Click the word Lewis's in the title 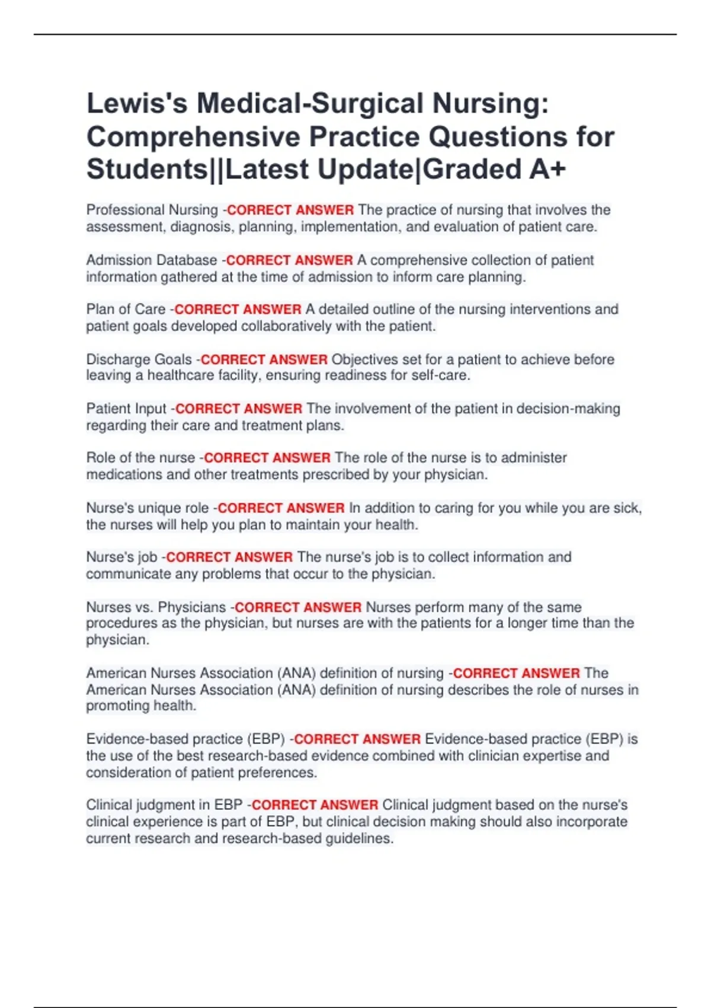[x=137, y=103]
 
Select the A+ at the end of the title [x=547, y=170]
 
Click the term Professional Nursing [x=152, y=210]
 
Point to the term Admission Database [x=151, y=260]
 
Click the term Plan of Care [x=126, y=310]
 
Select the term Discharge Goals [x=139, y=359]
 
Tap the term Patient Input [x=126, y=409]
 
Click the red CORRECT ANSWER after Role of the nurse [x=267, y=458]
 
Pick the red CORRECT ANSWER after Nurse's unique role [x=281, y=508]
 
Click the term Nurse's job [x=121, y=557]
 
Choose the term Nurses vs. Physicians [x=156, y=607]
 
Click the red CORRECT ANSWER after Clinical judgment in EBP [x=315, y=805]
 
